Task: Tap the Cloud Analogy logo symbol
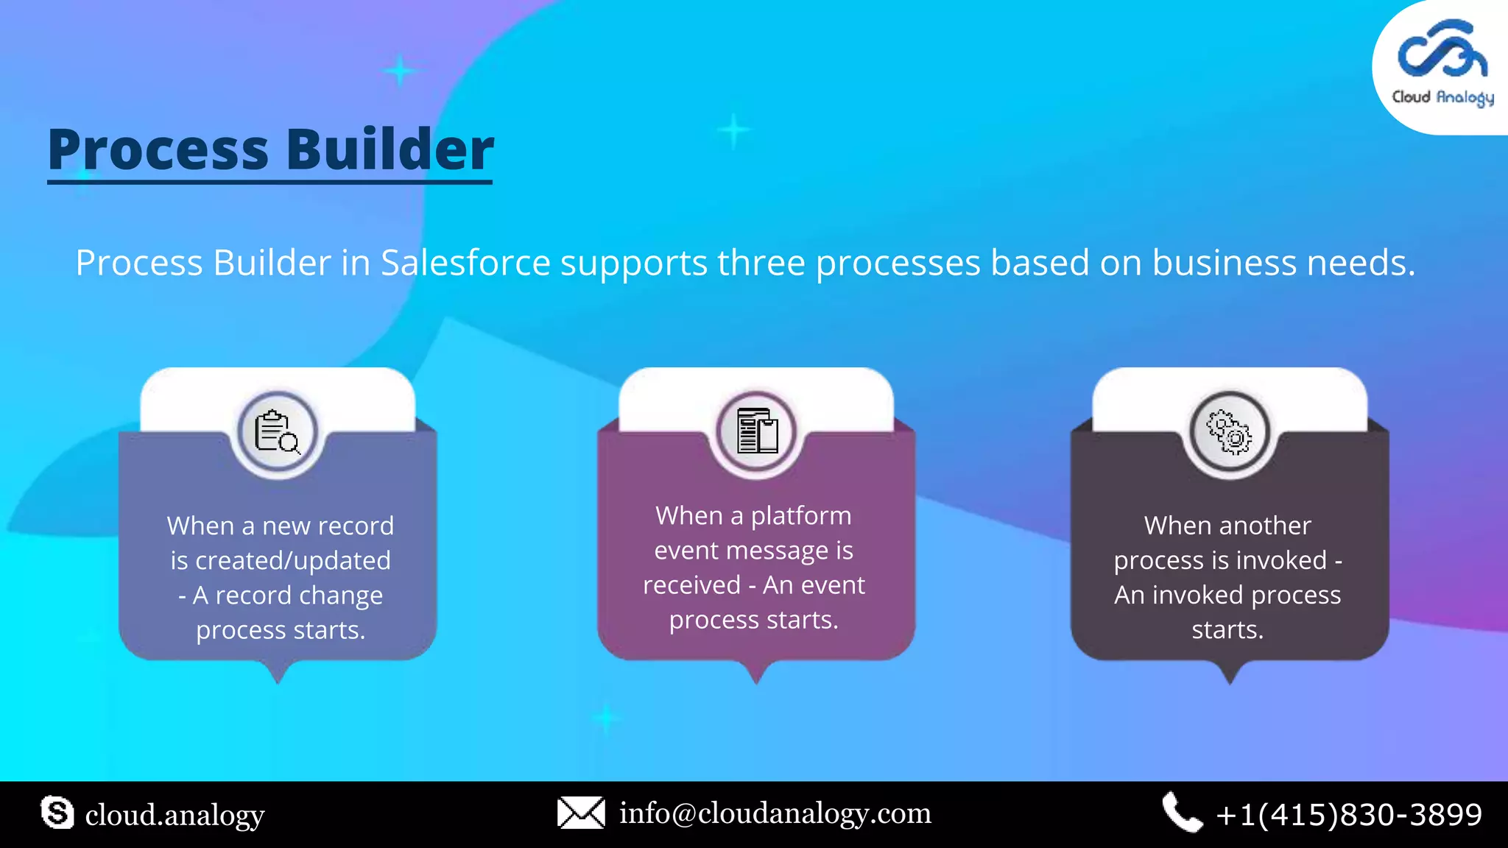coord(1442,50)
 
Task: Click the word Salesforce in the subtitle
coord(465,263)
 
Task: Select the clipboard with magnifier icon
coord(277,432)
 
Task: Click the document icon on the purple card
coord(756,431)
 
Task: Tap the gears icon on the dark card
coord(1229,432)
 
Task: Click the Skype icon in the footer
coord(57,813)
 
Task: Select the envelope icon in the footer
coord(581,813)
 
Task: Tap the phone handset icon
coord(1182,813)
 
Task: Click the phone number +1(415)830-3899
coord(1349,815)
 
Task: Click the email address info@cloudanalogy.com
coord(775,813)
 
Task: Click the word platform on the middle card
coord(800,515)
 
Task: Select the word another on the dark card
coord(1265,526)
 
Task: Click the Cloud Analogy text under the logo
coord(1442,98)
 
